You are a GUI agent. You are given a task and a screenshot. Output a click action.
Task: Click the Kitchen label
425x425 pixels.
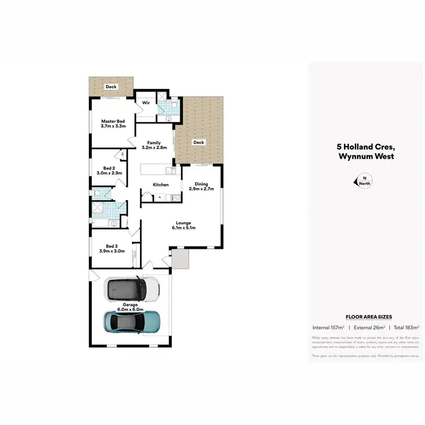point(161,185)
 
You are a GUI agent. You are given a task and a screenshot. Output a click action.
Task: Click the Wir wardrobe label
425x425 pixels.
point(146,103)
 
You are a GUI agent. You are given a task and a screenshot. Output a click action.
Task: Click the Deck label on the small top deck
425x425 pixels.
point(111,87)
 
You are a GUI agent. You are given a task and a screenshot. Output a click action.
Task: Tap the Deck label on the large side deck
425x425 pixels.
point(198,142)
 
